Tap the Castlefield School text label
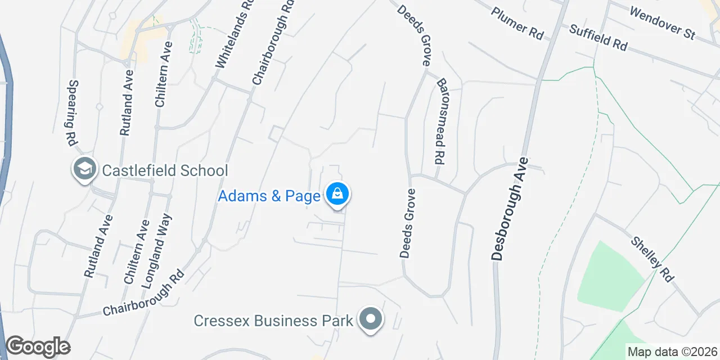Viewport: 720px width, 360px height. click(165, 170)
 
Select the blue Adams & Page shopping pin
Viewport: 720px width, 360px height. click(337, 195)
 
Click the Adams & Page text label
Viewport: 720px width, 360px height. click(269, 196)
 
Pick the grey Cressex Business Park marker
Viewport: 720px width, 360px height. click(370, 319)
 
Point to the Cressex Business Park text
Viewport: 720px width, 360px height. click(273, 321)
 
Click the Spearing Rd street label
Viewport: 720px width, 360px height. click(73, 113)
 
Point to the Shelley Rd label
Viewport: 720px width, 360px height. click(652, 259)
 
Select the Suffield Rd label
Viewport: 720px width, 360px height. click(597, 37)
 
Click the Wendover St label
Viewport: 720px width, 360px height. click(663, 22)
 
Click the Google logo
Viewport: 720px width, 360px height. click(38, 347)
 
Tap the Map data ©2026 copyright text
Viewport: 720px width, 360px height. click(672, 352)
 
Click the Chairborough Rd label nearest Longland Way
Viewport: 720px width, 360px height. click(144, 294)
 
